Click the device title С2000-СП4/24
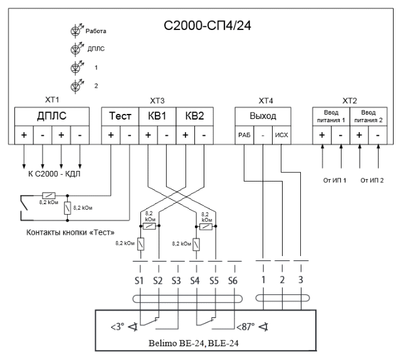tap(207, 26)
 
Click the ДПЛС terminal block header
tap(52, 116)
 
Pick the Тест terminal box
tap(120, 116)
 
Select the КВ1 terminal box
tap(157, 116)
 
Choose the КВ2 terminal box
tap(195, 116)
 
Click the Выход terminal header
tap(263, 116)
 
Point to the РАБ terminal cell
tap(244, 135)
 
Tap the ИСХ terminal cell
tap(282, 135)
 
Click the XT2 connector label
tap(349, 101)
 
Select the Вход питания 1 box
tap(331, 116)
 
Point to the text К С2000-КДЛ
tap(54, 173)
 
